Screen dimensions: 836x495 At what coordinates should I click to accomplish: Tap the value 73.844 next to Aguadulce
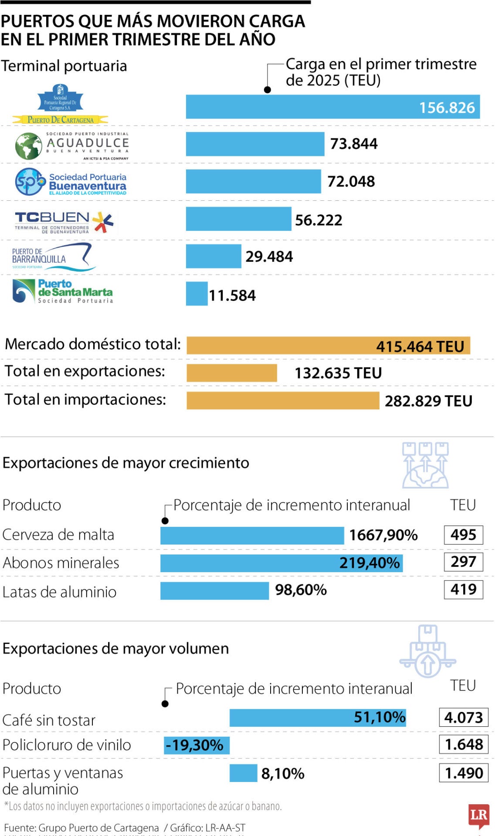[x=353, y=144]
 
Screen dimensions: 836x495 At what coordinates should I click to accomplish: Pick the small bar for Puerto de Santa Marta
[x=197, y=294]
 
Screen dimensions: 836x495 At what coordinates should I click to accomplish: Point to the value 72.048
[x=351, y=182]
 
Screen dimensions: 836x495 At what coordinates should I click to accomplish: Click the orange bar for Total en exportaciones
[x=231, y=373]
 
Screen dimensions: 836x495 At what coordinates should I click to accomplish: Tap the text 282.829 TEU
[x=428, y=401]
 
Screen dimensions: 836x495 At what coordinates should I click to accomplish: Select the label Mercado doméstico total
[x=92, y=344]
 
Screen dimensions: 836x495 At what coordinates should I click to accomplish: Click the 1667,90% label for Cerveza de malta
[x=383, y=535]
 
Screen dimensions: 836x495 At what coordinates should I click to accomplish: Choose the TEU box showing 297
[x=463, y=562]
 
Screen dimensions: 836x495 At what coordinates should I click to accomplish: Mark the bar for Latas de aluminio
[x=214, y=591]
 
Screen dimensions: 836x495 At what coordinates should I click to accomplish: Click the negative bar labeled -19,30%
[x=197, y=745]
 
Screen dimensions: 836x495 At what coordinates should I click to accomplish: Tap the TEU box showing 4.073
[x=463, y=717]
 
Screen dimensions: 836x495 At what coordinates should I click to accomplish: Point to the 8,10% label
[x=282, y=774]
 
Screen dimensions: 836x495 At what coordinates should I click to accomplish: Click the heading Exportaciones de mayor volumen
[x=115, y=649]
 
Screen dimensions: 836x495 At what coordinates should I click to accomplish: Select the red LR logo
[x=478, y=815]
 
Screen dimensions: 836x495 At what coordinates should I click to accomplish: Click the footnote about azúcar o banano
[x=143, y=806]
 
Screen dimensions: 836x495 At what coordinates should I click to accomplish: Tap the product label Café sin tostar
[x=49, y=720]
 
